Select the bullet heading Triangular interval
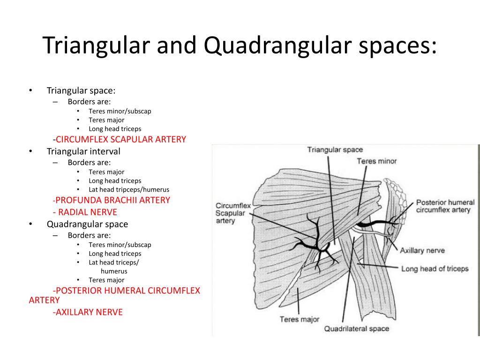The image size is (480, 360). pos(83,151)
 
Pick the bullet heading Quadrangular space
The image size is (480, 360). pos(87,224)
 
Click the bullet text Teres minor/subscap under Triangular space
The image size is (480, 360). pos(120,111)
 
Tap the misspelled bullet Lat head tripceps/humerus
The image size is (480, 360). pos(129,190)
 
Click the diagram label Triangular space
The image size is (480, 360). pos(335,150)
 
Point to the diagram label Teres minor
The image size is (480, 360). pos(376,161)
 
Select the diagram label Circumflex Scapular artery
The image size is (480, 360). pos(233,213)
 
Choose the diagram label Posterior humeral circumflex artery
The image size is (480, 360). pos(445,206)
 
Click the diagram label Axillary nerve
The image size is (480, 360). pos(422,250)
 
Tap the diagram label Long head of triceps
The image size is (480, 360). pos(435,269)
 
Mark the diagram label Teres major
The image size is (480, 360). pos(299,319)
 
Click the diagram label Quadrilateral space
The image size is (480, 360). pos(356,328)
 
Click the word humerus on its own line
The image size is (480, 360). pos(114,271)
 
